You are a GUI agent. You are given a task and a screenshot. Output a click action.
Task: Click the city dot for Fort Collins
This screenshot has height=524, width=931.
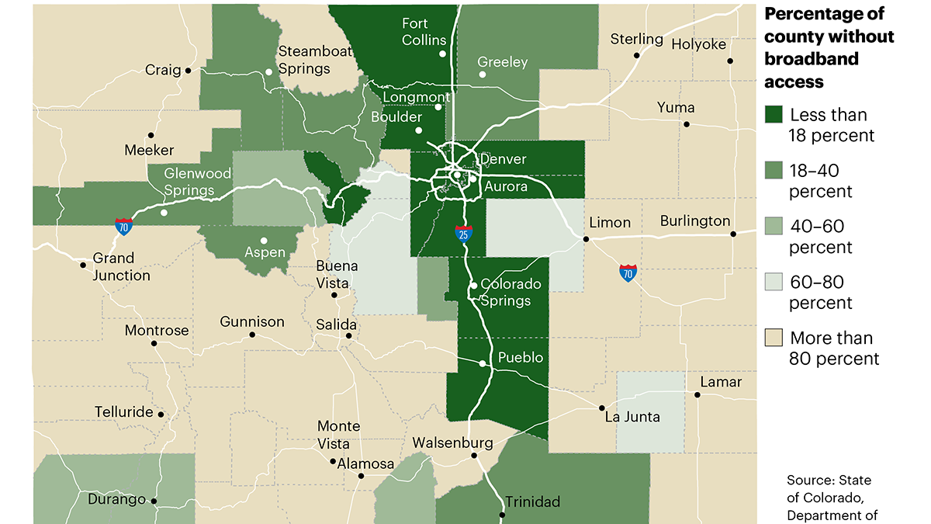pyautogui.click(x=442, y=54)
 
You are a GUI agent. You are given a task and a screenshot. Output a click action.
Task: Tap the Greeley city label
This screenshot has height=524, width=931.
pyautogui.click(x=502, y=62)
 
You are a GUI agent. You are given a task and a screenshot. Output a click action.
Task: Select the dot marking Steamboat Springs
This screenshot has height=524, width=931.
pyautogui.click(x=269, y=72)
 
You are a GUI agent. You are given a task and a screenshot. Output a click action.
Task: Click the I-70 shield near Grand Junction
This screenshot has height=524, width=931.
pyautogui.click(x=123, y=227)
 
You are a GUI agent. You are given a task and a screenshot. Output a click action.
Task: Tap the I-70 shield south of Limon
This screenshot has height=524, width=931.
pyautogui.click(x=628, y=272)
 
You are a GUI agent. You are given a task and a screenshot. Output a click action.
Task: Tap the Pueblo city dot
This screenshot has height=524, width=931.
pyautogui.click(x=483, y=363)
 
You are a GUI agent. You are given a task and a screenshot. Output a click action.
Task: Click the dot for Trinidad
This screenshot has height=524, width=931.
pyautogui.click(x=502, y=515)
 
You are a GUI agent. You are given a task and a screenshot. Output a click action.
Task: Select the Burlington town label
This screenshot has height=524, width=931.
pyautogui.click(x=695, y=221)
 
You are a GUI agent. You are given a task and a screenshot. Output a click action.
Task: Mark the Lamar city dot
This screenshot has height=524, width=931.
pyautogui.click(x=697, y=395)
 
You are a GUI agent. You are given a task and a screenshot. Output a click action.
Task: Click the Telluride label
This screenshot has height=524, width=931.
pyautogui.click(x=124, y=412)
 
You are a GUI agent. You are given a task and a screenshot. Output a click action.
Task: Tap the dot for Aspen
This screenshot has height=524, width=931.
pyautogui.click(x=264, y=240)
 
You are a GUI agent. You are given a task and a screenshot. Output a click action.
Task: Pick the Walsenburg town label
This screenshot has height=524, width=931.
pyautogui.click(x=452, y=443)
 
